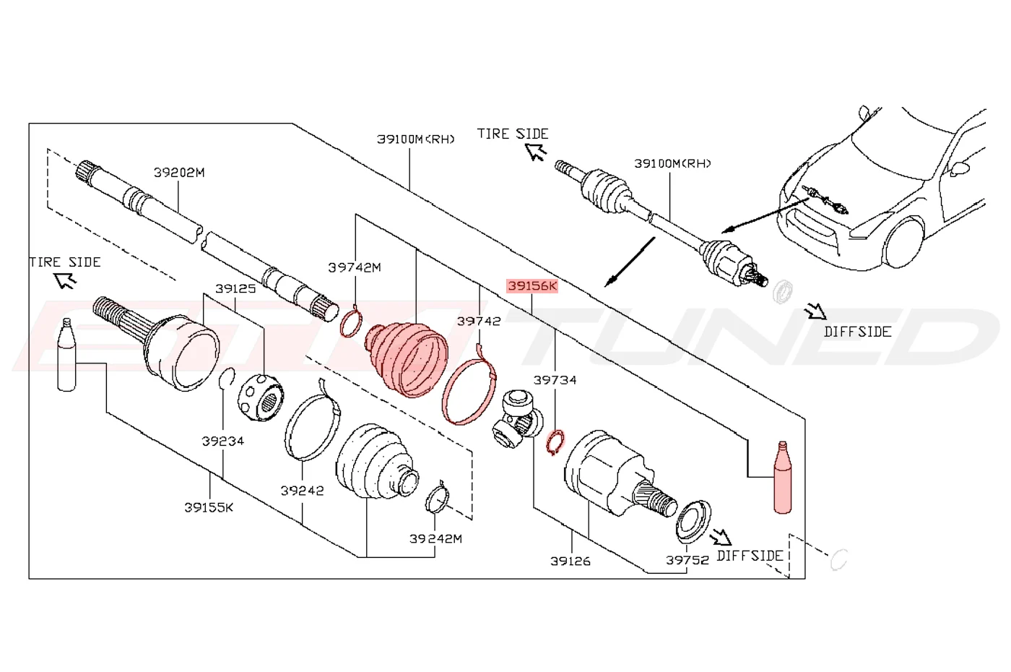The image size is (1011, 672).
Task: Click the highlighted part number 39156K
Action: point(532,286)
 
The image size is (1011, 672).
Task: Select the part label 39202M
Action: point(179,173)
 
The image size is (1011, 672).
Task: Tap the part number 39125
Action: point(235,288)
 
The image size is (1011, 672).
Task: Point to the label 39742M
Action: point(355,268)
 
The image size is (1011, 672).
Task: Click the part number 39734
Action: point(555,380)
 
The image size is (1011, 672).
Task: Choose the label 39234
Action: point(223,441)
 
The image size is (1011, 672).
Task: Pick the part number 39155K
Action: point(209,507)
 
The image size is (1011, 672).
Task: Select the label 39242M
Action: point(435,539)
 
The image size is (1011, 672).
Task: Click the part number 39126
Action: point(570,561)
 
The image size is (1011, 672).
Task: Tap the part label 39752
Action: point(687,561)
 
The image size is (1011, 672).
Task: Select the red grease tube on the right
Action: point(783,478)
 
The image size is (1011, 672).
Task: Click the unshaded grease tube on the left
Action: point(66,355)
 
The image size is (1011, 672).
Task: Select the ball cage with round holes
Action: point(261,397)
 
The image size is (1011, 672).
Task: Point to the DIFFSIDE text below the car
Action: point(858,332)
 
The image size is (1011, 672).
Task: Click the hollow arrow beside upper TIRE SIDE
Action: point(536,152)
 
